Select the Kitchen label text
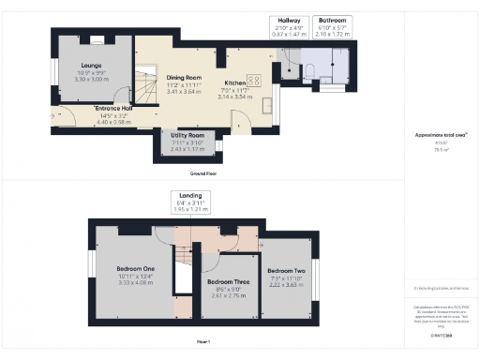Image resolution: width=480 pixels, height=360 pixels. click(x=235, y=82)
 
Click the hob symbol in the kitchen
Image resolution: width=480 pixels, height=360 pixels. click(x=253, y=81)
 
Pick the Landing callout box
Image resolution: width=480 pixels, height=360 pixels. click(x=215, y=202)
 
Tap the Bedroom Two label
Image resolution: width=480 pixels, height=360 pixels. click(x=286, y=269)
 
